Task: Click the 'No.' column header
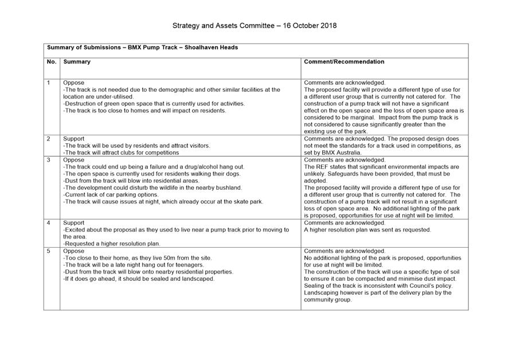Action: (51, 61)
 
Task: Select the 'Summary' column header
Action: (77, 61)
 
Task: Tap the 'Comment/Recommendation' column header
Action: (344, 61)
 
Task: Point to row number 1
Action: (49, 83)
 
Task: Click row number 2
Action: (49, 139)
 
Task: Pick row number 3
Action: (49, 160)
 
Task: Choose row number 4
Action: (49, 223)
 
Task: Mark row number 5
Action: (49, 251)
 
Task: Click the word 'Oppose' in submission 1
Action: (73, 83)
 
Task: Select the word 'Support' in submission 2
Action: (74, 139)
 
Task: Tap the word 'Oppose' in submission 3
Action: (73, 160)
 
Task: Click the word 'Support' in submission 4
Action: (74, 223)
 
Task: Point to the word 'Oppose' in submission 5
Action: (73, 251)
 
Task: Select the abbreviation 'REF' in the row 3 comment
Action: (322, 167)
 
